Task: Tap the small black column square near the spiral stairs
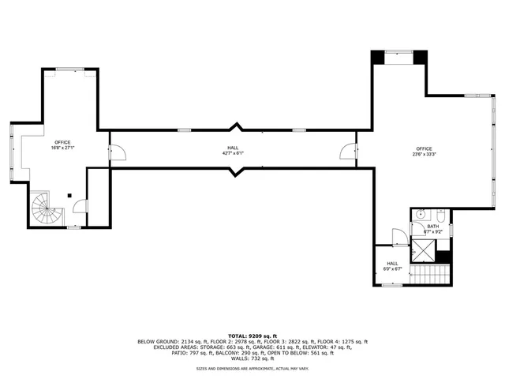69,195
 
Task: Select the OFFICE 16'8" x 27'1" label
62,144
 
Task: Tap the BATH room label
433,229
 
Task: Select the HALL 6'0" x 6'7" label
393,266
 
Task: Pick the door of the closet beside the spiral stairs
80,207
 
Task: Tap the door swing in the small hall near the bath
399,236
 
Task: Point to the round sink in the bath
421,214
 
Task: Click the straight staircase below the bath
431,275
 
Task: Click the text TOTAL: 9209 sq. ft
252,336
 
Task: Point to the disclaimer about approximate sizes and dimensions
252,368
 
